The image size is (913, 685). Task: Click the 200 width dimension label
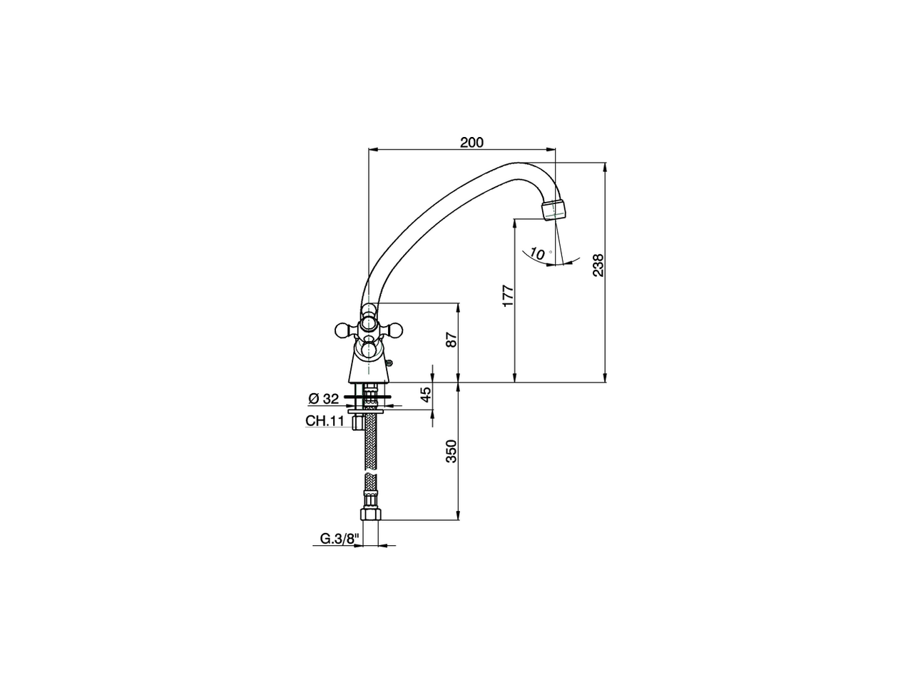[471, 142]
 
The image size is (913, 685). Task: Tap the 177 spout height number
[508, 295]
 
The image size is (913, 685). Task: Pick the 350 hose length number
[450, 451]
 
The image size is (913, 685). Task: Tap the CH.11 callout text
[325, 421]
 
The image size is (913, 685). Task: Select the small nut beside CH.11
[357, 423]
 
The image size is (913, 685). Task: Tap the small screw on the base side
[389, 362]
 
